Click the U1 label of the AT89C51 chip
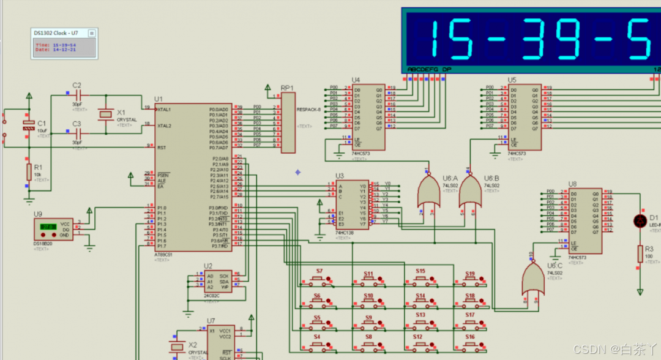[x=159, y=99]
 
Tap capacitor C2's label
[x=77, y=85]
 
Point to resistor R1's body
[x=29, y=172]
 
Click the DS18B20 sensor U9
[x=53, y=229]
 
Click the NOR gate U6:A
[x=428, y=192]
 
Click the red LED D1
[x=640, y=220]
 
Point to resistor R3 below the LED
[x=640, y=254]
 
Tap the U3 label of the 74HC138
[x=339, y=176]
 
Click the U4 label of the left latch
[x=356, y=80]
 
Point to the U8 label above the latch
[x=572, y=184]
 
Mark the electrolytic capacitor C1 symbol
[x=28, y=125]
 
